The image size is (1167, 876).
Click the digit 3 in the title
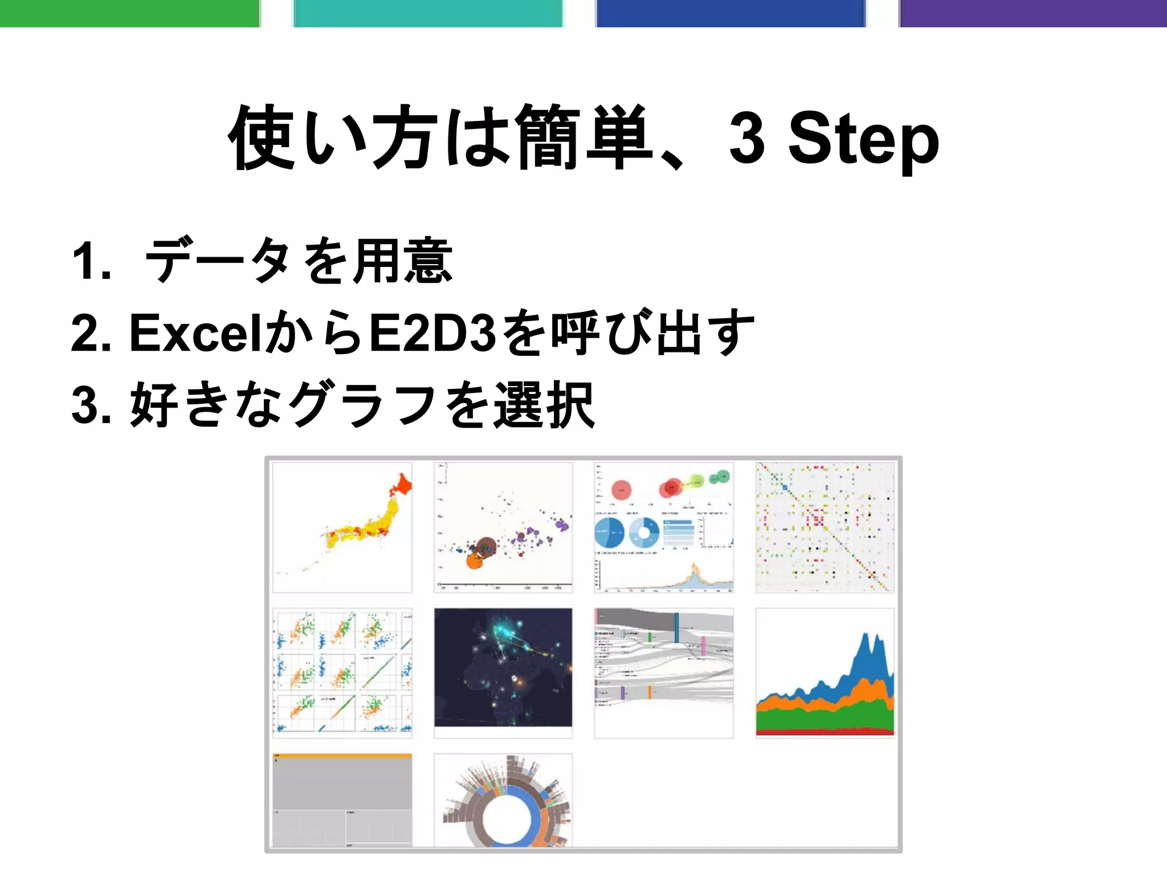point(746,137)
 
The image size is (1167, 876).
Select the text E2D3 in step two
point(432,333)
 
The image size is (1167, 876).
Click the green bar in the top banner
point(129,13)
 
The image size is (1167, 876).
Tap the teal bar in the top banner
point(428,13)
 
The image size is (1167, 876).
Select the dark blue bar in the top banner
point(731,13)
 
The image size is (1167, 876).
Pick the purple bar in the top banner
point(1033,13)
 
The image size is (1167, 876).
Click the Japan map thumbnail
point(342,528)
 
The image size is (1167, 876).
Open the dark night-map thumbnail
point(503,667)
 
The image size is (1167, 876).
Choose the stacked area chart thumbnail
point(825,673)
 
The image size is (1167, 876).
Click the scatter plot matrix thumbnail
point(342,673)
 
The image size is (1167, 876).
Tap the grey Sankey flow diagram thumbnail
point(664,673)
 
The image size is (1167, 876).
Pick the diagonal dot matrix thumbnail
point(825,528)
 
